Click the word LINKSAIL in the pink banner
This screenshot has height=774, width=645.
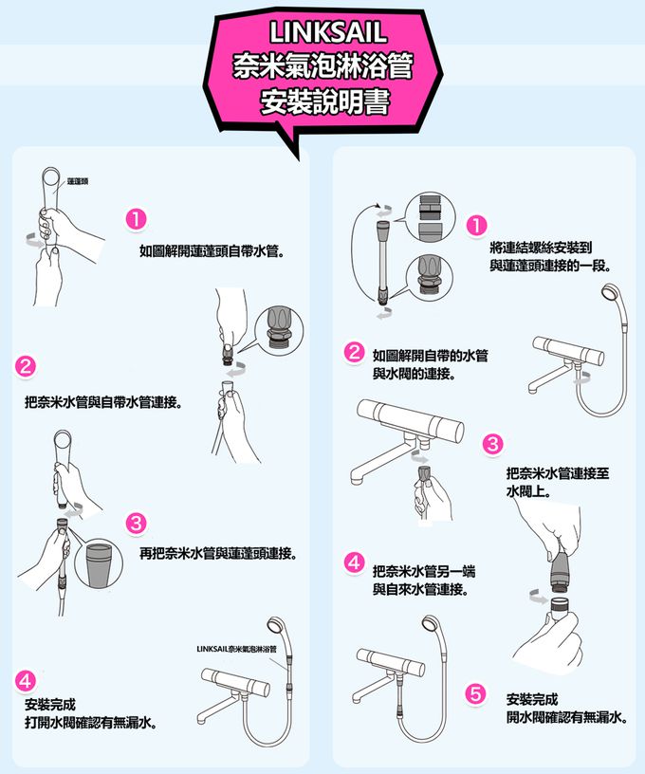tap(327, 32)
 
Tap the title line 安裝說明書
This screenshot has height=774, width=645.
tap(325, 101)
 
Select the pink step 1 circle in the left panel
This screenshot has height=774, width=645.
tap(137, 219)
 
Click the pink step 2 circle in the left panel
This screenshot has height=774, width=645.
tap(26, 366)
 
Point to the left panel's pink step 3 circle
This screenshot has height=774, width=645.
tap(137, 523)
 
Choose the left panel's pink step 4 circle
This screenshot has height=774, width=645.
tap(26, 681)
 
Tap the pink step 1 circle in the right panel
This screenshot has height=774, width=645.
tap(476, 226)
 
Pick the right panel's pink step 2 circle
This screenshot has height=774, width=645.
tap(354, 353)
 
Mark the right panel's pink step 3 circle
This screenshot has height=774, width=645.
tap(492, 444)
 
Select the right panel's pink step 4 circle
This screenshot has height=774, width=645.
tap(354, 562)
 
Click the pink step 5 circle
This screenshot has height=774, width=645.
tap(475, 694)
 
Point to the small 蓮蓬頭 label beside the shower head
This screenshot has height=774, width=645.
tap(78, 182)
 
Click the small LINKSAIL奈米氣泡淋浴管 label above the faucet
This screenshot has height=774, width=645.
tap(236, 649)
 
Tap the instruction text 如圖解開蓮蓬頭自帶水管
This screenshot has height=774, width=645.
tap(212, 251)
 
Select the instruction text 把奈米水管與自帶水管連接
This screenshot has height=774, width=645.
tap(103, 402)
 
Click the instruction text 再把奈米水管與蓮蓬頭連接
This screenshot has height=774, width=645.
tap(218, 553)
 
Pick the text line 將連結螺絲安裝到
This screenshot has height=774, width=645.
tap(541, 248)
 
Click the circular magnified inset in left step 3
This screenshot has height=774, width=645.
tap(100, 563)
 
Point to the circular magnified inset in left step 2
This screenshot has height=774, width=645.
tap(279, 329)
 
